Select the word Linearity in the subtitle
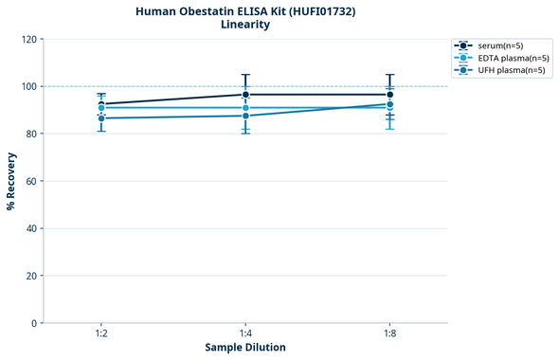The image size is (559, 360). pos(244,25)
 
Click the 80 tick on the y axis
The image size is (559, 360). pos(31,135)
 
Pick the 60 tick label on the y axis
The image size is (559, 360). pos(31,182)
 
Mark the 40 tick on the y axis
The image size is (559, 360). pos(31,229)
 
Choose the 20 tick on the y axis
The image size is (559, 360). pos(31,277)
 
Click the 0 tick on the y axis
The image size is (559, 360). pos(34,324)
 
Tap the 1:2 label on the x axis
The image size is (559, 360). pos(101,334)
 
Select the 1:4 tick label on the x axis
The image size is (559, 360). pos(245,334)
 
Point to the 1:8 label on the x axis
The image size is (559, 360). pos(389,334)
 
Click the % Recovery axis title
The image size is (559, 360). pos(11,181)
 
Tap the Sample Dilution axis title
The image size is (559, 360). pos(245,348)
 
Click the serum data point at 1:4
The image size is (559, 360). pos(245,95)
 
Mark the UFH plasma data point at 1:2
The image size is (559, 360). pos(101,118)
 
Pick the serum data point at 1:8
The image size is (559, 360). pos(389,95)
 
